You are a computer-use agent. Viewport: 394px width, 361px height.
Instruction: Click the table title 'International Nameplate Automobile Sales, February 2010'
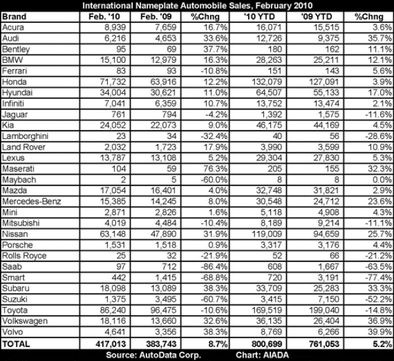pos(197,4)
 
